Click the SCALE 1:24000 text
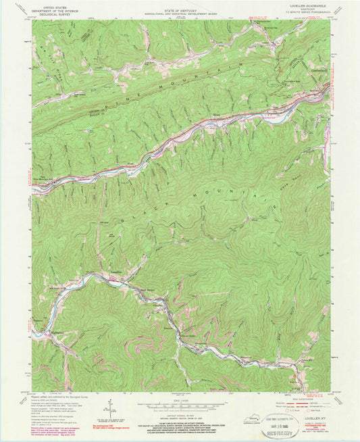coord(180,399)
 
